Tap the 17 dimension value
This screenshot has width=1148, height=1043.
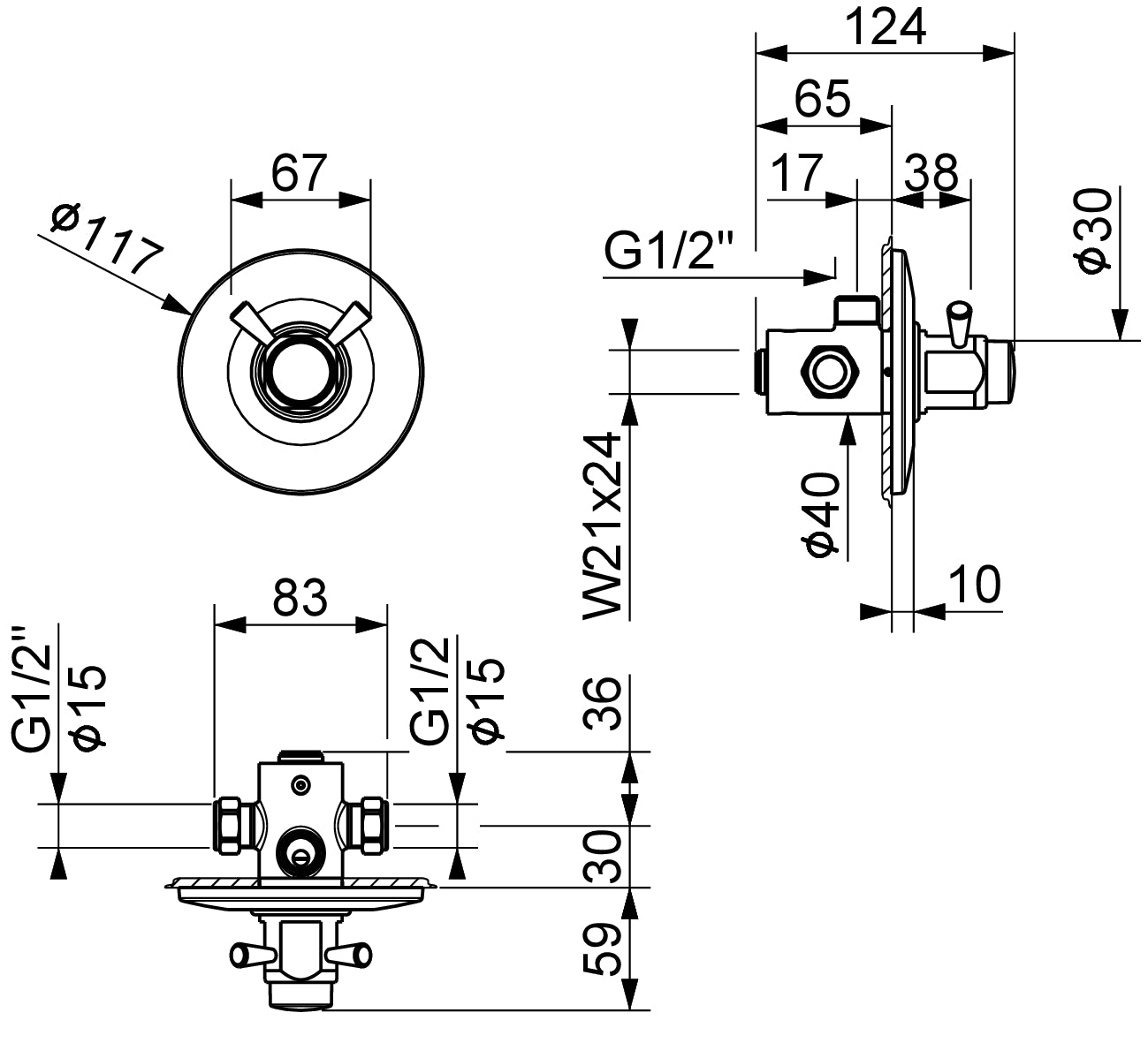point(797,172)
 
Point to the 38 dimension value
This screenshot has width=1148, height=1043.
point(931,172)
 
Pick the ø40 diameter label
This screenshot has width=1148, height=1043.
point(822,515)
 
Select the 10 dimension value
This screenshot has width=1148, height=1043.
point(974,584)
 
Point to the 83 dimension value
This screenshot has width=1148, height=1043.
point(300,598)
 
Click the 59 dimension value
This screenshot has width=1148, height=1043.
point(606,949)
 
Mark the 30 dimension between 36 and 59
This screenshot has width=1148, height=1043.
point(606,858)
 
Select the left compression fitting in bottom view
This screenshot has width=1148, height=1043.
point(233,826)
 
